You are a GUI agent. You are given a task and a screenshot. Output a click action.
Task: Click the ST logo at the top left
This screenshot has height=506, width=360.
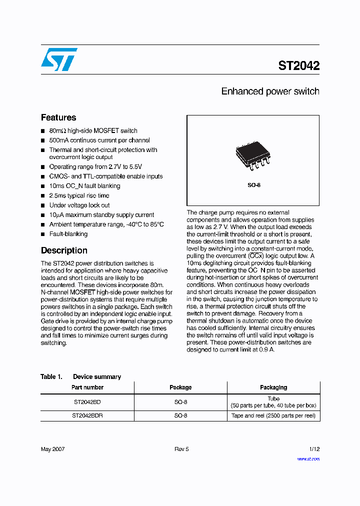coord(59,59)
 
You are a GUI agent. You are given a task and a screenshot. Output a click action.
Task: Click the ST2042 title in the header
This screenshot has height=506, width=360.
coord(299,65)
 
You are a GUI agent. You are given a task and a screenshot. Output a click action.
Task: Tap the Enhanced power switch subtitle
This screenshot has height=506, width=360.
coord(270,91)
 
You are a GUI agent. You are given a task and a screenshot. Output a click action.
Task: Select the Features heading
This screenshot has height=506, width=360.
coord(58,117)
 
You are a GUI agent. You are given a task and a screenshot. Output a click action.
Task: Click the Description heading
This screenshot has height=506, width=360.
coord(64,250)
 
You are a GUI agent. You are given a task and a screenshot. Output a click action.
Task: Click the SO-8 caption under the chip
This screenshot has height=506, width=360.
coord(254,185)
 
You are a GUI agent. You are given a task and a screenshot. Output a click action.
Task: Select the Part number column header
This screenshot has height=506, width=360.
coord(87,387)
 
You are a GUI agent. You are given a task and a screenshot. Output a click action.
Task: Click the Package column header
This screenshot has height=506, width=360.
coord(180,387)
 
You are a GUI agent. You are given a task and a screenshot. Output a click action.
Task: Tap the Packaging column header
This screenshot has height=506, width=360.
coord(273,387)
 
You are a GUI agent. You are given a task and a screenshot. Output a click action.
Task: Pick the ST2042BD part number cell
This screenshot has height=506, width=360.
coord(87,401)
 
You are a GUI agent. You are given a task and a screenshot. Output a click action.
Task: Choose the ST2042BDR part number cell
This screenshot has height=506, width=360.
coord(87,415)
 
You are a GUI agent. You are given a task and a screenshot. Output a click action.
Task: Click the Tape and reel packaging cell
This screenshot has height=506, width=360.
coord(273,415)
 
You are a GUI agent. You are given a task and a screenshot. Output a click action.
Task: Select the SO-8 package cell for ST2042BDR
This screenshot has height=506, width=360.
coord(180,415)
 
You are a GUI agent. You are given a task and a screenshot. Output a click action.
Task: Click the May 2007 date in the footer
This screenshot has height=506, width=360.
coord(52,449)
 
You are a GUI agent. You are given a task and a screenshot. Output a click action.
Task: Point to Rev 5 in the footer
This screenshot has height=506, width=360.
coord(181,449)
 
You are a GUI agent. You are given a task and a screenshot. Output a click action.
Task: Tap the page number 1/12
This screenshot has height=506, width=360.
coord(313,449)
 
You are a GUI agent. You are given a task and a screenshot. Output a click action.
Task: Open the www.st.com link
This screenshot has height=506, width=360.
coord(308,458)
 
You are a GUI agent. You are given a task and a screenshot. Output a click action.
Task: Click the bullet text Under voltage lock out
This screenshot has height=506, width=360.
coord(79,205)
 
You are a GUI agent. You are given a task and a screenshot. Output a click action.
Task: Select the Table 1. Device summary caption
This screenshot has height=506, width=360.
coord(81,376)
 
